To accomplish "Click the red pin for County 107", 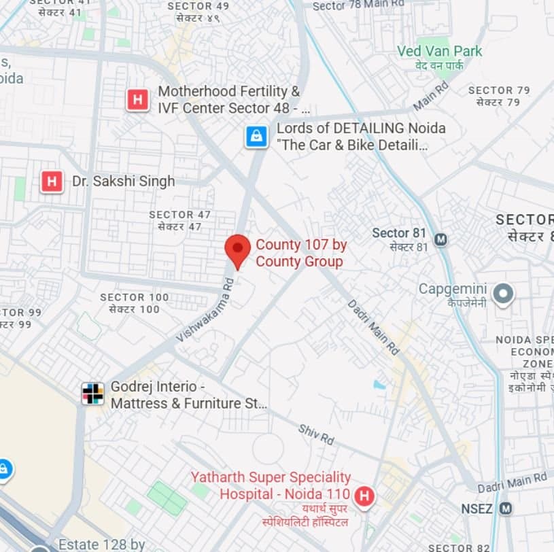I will (237, 249).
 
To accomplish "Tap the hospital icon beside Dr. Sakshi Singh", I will (52, 182).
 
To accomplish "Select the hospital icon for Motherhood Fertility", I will (137, 100).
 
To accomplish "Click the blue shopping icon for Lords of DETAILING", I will (256, 137).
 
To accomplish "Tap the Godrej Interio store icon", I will (92, 394).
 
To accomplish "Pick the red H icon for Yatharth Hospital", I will (364, 496).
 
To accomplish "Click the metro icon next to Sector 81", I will (441, 239).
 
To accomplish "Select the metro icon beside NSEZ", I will (505, 508).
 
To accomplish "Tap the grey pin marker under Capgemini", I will (503, 294).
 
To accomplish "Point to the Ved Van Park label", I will (440, 52).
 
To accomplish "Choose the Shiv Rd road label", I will (316, 434).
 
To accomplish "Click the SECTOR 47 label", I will (180, 215).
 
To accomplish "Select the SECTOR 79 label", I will (499, 90).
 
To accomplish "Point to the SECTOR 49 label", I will (198, 6).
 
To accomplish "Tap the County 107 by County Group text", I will (299, 253).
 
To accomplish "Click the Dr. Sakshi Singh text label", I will (123, 182).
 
